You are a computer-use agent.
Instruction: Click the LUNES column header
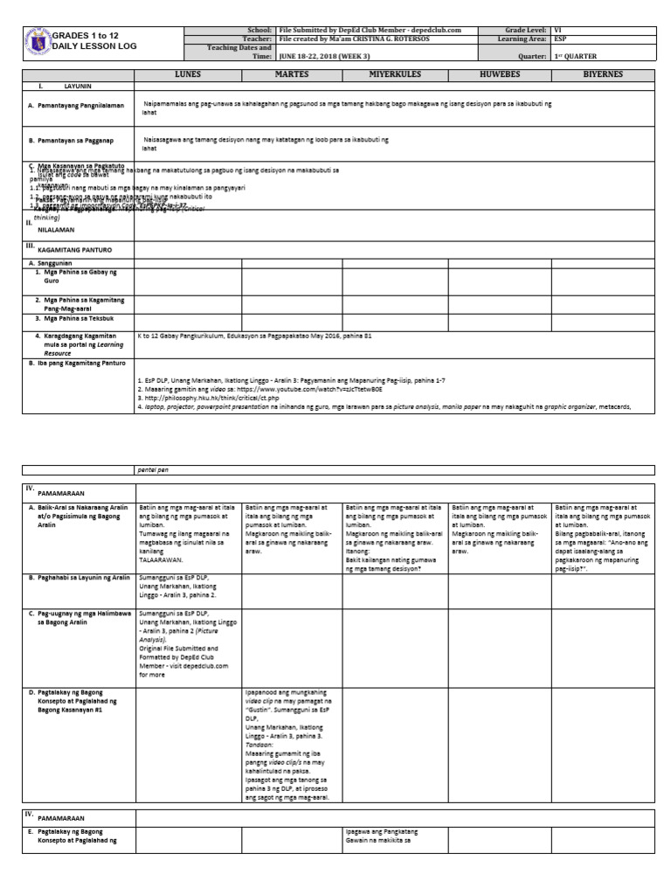point(187,75)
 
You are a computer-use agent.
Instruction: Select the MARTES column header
point(292,75)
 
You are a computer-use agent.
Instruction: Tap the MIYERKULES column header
point(396,75)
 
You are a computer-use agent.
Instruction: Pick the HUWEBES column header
point(500,75)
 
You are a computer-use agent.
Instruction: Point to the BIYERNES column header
point(604,75)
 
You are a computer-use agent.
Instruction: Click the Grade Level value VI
point(559,30)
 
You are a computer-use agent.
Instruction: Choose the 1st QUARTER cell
point(585,56)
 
